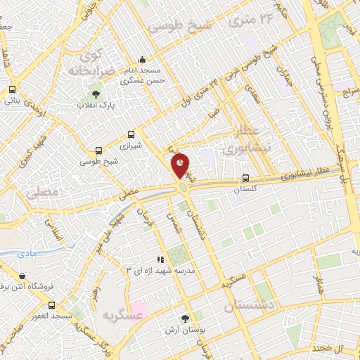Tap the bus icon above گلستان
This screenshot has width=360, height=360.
(x=245, y=178)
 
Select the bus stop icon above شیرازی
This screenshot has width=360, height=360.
(x=131, y=135)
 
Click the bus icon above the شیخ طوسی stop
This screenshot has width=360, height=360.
(x=98, y=150)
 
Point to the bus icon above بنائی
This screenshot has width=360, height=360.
(x=12, y=90)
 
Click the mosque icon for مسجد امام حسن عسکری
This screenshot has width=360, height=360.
(x=143, y=59)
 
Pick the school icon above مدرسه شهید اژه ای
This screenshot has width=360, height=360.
(x=160, y=259)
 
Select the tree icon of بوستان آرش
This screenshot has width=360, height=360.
(x=185, y=318)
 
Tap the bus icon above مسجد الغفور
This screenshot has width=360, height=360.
(x=51, y=305)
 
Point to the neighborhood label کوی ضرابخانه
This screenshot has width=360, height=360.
(x=89, y=63)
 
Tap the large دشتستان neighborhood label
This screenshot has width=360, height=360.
(x=250, y=307)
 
